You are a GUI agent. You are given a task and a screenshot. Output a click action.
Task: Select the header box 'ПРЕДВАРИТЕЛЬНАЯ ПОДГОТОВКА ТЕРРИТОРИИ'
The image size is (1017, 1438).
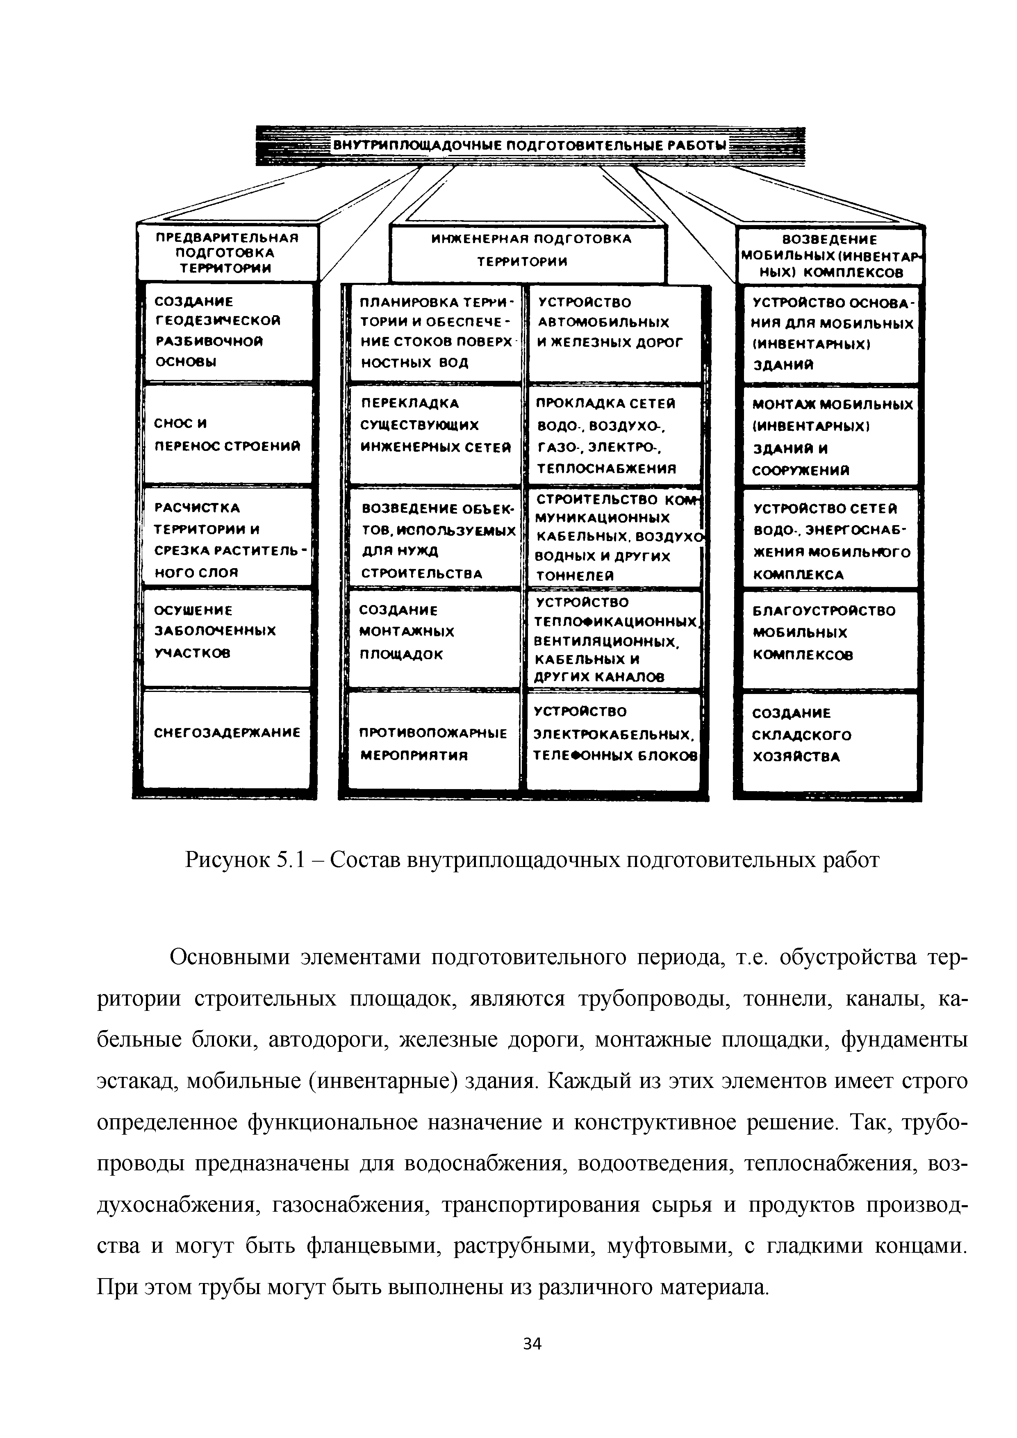pyautogui.click(x=228, y=253)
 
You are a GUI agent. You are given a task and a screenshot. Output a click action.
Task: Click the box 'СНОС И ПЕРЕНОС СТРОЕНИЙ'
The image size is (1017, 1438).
pyautogui.click(x=228, y=435)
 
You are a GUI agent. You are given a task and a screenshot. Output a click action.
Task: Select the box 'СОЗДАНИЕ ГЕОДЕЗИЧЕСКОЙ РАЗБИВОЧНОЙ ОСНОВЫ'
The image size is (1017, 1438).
pyautogui.click(x=228, y=332)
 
